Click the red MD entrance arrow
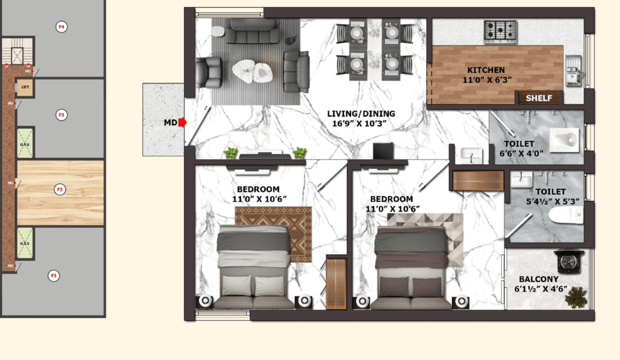point(182,122)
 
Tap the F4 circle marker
point(61,27)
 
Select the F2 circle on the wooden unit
point(60,189)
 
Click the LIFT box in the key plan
point(25,87)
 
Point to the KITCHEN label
point(486,70)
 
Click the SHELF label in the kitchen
point(539,98)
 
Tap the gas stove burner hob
point(500,31)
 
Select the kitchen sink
point(573,71)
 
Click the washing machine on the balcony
point(569,261)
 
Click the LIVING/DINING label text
point(361,113)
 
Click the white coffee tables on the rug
point(252,71)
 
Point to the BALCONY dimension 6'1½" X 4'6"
point(541,289)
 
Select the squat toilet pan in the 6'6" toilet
point(564,139)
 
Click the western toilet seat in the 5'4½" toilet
point(566,214)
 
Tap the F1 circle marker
point(53,275)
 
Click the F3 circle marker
point(61,115)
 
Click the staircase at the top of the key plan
point(17,51)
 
